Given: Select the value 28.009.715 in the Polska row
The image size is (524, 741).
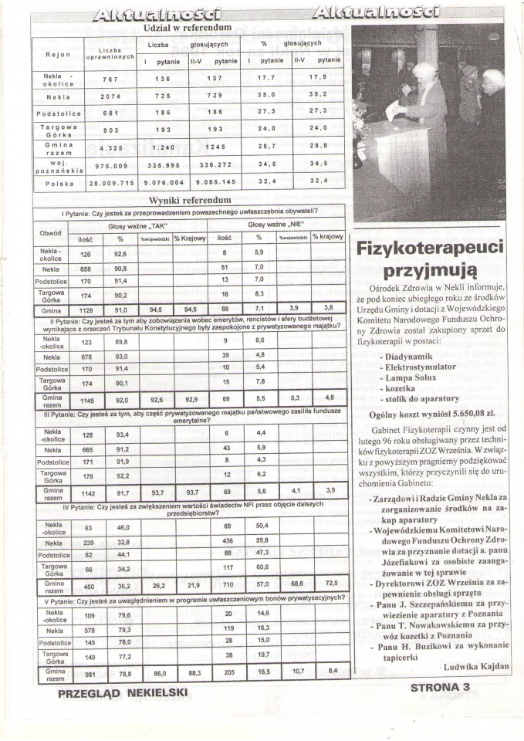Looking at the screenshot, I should click(x=113, y=184).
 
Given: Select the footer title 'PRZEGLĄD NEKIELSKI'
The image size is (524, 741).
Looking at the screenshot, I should click(x=123, y=692).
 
